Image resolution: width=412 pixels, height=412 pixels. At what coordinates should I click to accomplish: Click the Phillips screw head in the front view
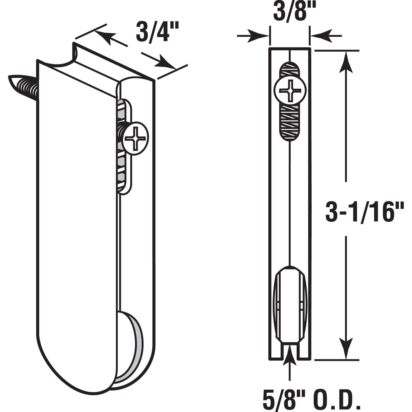(289, 91)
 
